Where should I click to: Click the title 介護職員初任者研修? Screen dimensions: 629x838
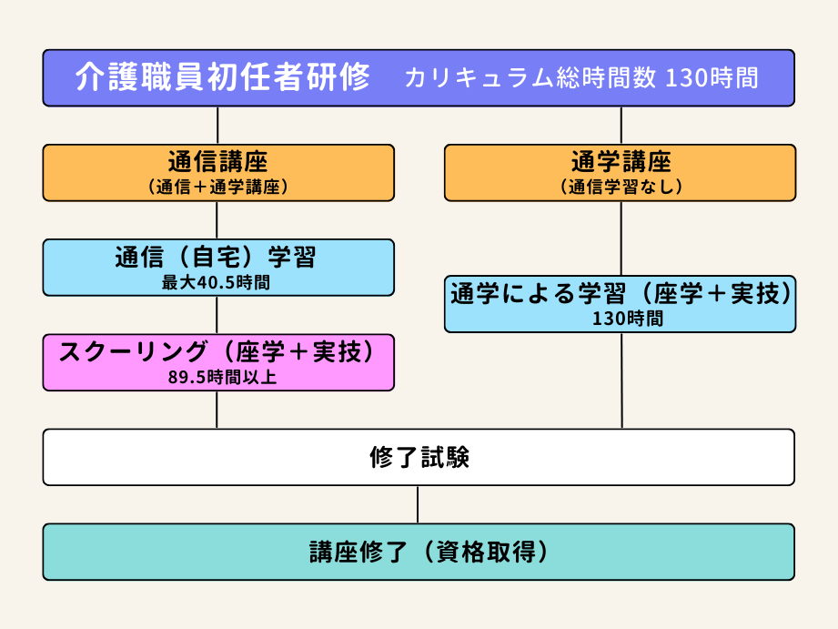[x=223, y=77]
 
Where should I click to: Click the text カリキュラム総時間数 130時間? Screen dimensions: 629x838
[x=581, y=78]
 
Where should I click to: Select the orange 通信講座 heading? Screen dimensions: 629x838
[x=217, y=162]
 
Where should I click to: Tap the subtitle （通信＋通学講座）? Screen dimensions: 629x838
[x=217, y=187]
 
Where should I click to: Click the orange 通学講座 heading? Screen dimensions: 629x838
[x=621, y=162]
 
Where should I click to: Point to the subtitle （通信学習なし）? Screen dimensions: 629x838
[x=621, y=187]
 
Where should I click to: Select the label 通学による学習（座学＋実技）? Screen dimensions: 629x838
[x=621, y=294]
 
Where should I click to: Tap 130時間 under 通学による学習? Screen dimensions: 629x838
[x=621, y=319]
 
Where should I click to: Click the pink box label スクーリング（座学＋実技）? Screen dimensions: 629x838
[x=217, y=351]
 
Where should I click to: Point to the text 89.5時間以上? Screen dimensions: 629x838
[x=217, y=377]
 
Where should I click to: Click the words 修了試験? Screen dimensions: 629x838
[x=419, y=457]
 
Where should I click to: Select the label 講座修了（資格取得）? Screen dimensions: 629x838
[x=419, y=552]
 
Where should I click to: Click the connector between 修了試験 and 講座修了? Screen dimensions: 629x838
[x=418, y=504]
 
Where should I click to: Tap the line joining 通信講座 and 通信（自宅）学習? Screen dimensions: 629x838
[x=217, y=220]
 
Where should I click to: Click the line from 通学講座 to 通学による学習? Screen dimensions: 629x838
[x=621, y=238]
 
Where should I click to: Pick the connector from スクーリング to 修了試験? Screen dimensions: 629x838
[x=217, y=410]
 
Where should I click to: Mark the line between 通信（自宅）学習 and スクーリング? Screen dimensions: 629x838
[x=217, y=315]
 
